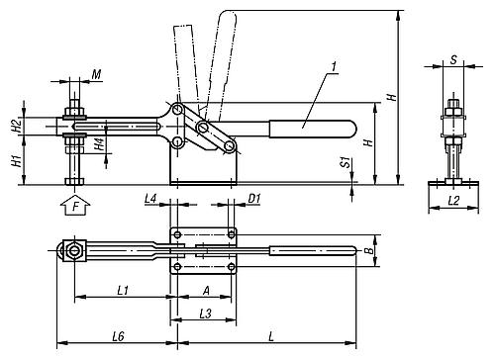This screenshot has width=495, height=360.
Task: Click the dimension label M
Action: pos(96,74)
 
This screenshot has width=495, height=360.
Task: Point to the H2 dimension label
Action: pos(17,126)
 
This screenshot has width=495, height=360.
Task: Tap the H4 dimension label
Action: pos(99,144)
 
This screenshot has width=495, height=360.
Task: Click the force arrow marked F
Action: pos(75,206)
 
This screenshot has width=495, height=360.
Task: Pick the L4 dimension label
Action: pos(150,199)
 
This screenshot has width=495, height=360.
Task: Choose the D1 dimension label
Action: pos(254,199)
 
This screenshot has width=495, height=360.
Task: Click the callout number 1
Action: pos(334,66)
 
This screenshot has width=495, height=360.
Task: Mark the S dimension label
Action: pos(454,59)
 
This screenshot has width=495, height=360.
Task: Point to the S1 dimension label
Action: pos(346,162)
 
